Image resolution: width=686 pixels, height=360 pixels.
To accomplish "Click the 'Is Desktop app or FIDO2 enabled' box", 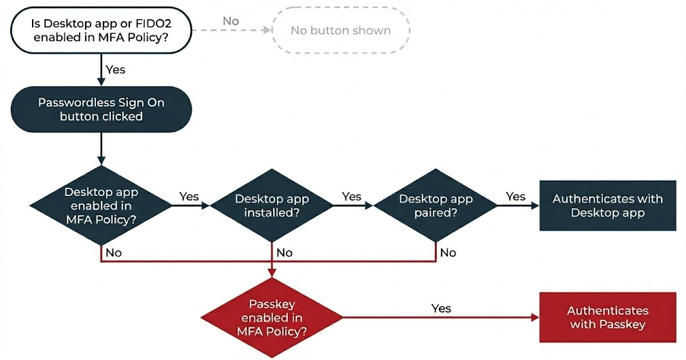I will click(x=100, y=31).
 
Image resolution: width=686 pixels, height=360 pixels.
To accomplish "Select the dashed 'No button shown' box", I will click(x=340, y=31).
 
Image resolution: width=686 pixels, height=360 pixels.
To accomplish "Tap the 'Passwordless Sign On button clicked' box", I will click(x=101, y=109).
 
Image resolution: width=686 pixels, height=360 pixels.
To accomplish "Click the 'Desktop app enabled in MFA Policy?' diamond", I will click(x=101, y=203).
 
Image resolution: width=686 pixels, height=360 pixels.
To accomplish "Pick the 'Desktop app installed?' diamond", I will click(x=272, y=203).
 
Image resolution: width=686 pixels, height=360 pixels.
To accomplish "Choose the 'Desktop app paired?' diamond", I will click(x=436, y=203).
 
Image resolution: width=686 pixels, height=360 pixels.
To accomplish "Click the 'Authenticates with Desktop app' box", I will click(x=607, y=206).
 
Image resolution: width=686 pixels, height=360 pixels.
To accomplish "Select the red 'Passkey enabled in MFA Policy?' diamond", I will click(x=272, y=317).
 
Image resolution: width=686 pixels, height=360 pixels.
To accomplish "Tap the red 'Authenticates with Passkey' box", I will click(x=607, y=317).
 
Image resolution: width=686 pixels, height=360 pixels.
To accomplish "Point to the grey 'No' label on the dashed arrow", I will click(x=231, y=21).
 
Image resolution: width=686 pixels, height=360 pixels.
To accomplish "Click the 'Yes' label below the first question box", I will click(x=115, y=69).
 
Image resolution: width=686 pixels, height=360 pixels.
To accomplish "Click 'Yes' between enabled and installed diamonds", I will click(x=189, y=196).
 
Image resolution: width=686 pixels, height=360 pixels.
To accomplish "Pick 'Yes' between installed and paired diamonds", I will click(x=351, y=196).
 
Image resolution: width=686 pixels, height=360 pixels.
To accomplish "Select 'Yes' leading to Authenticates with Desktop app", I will click(x=515, y=196).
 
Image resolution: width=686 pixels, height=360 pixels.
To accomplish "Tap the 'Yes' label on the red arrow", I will click(x=441, y=308).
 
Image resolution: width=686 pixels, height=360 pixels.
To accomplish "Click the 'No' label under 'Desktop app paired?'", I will click(x=448, y=252).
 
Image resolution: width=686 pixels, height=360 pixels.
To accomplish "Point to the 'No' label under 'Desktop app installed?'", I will click(x=284, y=252).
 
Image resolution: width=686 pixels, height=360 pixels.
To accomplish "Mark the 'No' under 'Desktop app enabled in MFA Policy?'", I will click(x=114, y=252).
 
